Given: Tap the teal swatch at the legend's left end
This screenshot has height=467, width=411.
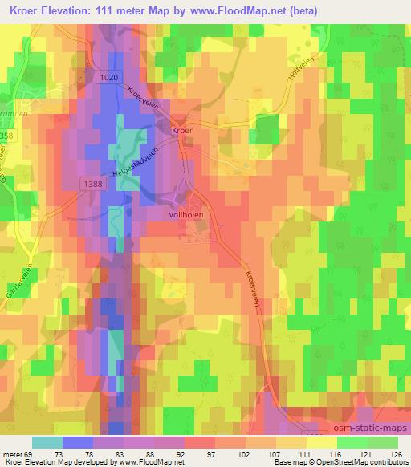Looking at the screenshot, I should (x=47, y=442).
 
